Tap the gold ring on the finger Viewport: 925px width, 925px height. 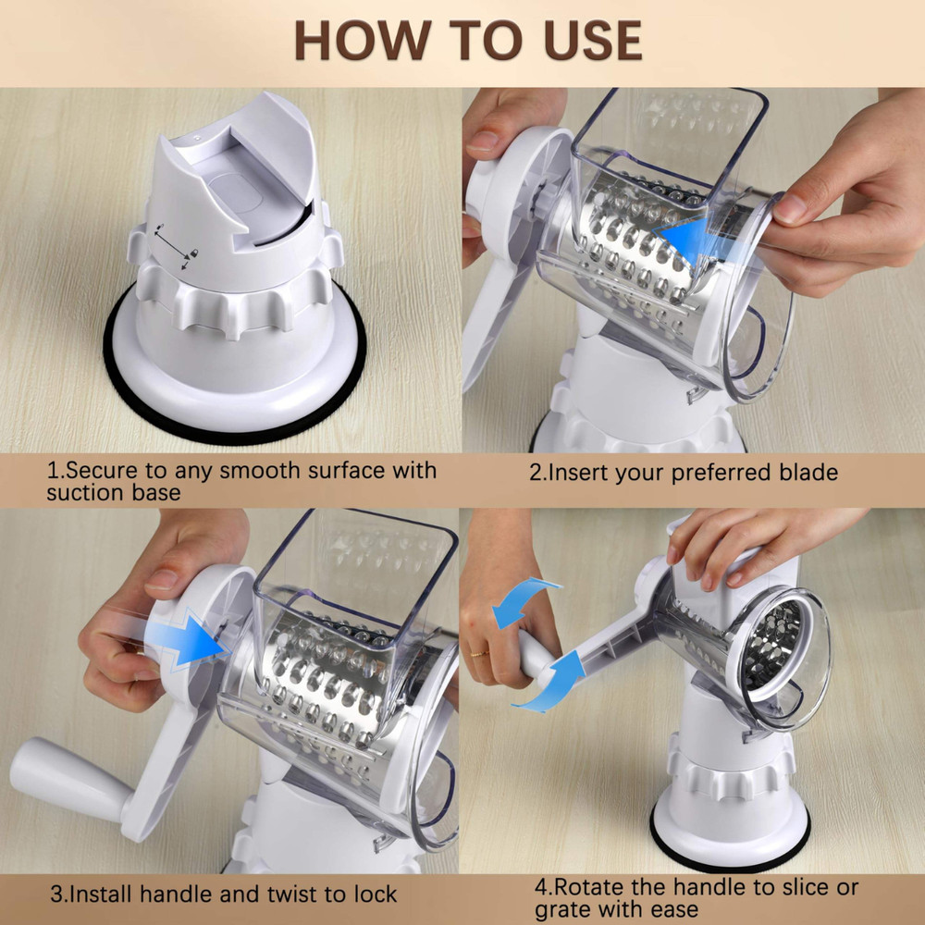478,653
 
